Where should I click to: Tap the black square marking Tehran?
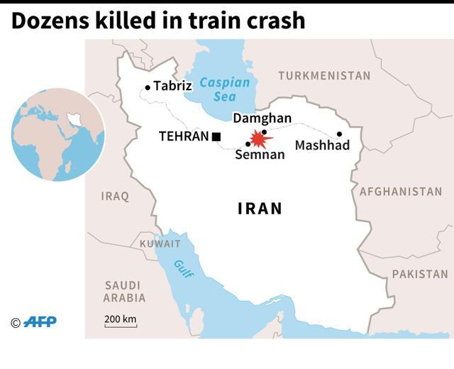pyautogui.click(x=216, y=136)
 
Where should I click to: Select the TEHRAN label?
pyautogui.click(x=183, y=136)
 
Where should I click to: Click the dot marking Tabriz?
pyautogui.click(x=148, y=88)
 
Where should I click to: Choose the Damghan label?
pyautogui.click(x=262, y=119)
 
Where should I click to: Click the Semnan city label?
pyautogui.click(x=260, y=155)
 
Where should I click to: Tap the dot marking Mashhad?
pyautogui.click(x=340, y=134)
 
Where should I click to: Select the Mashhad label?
pyautogui.click(x=323, y=145)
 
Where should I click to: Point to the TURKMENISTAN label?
pyautogui.click(x=324, y=75)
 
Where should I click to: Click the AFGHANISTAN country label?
pyautogui.click(x=401, y=192)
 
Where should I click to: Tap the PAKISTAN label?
pyautogui.click(x=420, y=274)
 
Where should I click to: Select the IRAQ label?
pyautogui.click(x=115, y=196)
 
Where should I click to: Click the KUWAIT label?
pyautogui.click(x=160, y=243)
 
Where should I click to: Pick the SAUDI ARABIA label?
pyautogui.click(x=125, y=291)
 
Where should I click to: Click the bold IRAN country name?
pyautogui.click(x=260, y=209)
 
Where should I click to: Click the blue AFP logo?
pyautogui.click(x=40, y=322)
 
